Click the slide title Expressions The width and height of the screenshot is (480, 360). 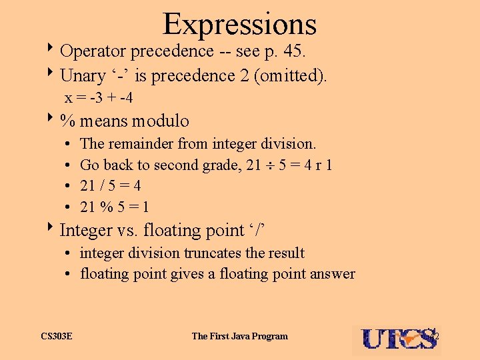239,24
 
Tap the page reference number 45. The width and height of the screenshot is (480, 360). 311,51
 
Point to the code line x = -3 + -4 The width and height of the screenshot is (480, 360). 98,98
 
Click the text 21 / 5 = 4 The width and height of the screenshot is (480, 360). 110,185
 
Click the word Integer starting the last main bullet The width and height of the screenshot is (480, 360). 86,230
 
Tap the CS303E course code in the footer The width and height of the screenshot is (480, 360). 56,336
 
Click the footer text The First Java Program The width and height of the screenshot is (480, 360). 239,336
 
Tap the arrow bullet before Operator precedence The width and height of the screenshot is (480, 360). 53,51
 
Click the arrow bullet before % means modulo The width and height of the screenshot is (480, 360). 53,121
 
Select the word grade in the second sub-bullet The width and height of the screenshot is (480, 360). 222,165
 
